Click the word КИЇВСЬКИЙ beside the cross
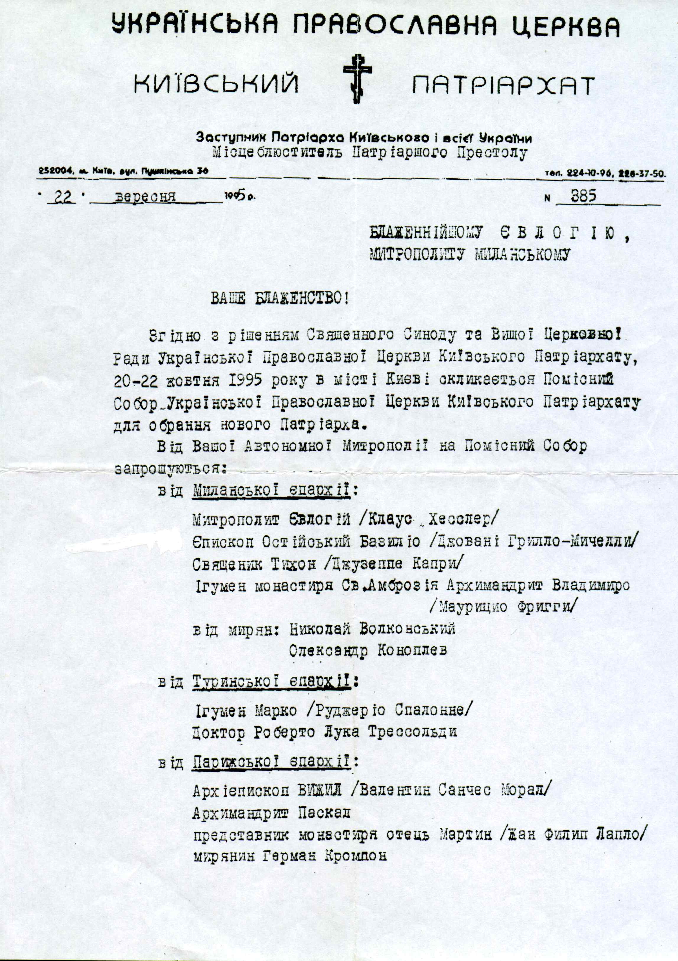coord(216,85)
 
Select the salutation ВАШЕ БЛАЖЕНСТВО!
coord(279,299)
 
